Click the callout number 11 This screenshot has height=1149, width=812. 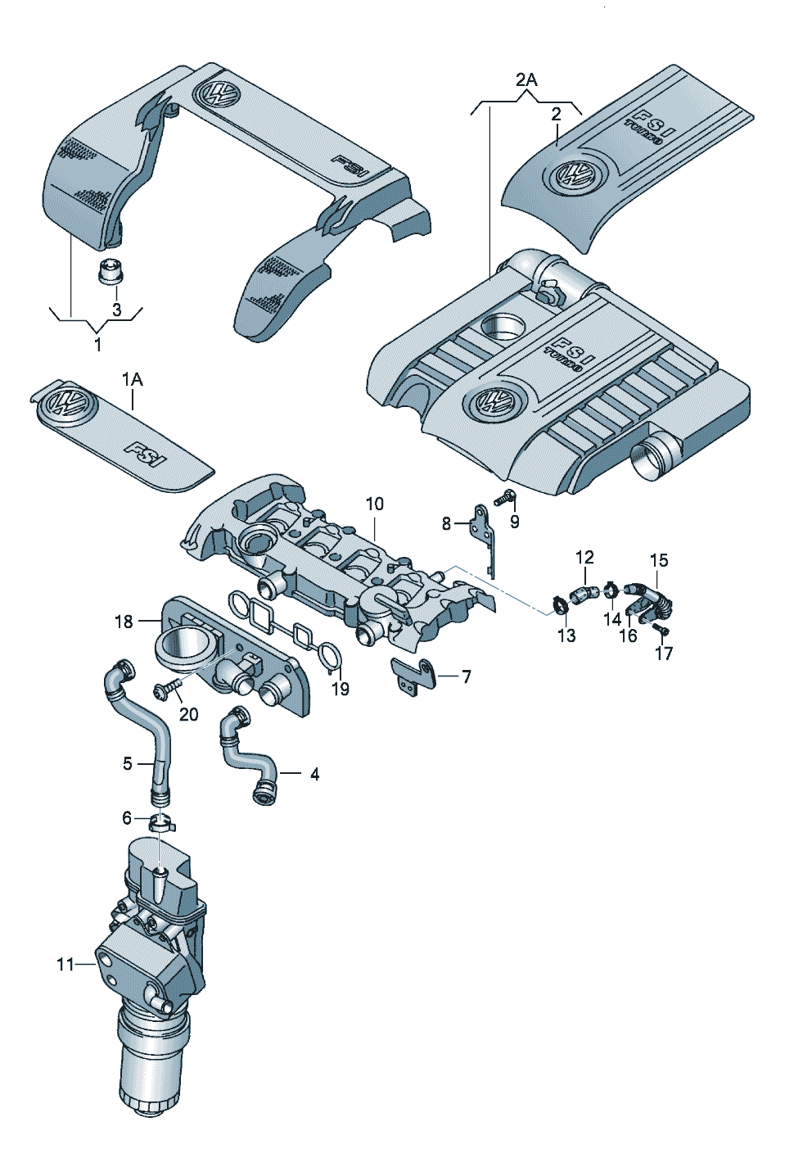point(65,965)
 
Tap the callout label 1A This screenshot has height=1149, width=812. point(132,379)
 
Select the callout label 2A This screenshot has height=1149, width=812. point(526,80)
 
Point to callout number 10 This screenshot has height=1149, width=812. point(374,504)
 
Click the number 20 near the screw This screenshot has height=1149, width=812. point(188,714)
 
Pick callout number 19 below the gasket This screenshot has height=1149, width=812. point(340,689)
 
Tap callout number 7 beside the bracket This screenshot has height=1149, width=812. point(466,677)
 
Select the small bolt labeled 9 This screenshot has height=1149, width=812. point(505,496)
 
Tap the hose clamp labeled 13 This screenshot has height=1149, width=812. point(559,607)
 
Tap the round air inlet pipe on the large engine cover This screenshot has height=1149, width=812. point(655,455)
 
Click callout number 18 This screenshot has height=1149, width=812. point(124,622)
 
